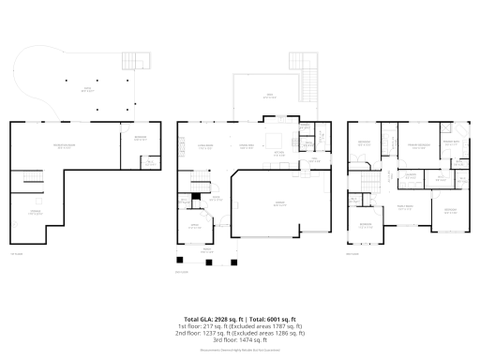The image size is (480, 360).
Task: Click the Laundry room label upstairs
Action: coord(411,175)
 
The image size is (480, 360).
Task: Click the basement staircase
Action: coord(34,179)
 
